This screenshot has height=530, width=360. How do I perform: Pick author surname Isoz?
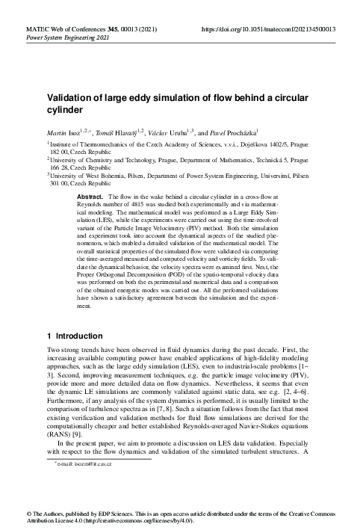coord(77,132)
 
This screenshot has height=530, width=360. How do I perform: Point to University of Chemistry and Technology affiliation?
coord(112,160)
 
